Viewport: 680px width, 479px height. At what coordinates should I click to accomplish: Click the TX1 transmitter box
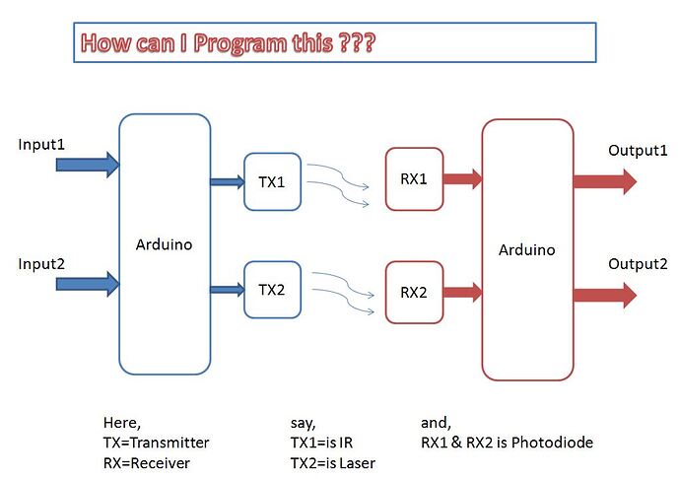(x=271, y=181)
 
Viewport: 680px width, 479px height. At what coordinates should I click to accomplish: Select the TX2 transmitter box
(x=271, y=290)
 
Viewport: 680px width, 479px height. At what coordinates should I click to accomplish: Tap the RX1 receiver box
(x=414, y=179)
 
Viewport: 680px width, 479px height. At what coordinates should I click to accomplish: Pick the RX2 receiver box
(x=414, y=292)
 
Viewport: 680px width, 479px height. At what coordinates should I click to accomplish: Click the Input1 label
(x=41, y=145)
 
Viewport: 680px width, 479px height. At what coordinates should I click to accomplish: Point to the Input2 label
(x=41, y=264)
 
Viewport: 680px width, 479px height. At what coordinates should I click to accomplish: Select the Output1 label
(x=638, y=150)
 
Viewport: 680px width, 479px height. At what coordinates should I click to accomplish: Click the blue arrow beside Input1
(x=87, y=165)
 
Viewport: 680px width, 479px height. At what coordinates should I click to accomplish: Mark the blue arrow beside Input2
(x=87, y=284)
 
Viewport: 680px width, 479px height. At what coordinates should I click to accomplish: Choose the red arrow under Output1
(x=604, y=181)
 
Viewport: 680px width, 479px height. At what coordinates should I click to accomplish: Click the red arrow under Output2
(x=604, y=294)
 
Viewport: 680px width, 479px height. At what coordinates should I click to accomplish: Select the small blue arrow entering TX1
(x=227, y=181)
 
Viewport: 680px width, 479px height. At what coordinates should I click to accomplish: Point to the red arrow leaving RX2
(x=462, y=292)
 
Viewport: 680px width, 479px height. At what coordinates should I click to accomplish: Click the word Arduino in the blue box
(x=164, y=243)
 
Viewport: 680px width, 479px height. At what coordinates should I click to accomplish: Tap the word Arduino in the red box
(x=526, y=249)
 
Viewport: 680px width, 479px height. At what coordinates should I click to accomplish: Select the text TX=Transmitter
(x=156, y=443)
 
